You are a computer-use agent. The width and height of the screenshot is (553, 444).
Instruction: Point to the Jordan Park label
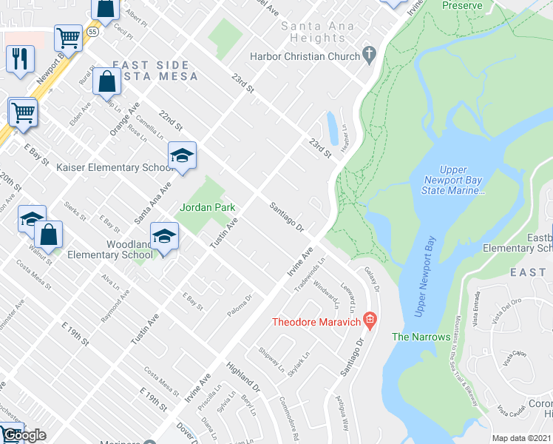208,208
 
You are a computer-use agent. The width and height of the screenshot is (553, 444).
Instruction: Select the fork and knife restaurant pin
20,58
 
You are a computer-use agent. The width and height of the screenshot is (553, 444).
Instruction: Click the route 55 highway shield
92,33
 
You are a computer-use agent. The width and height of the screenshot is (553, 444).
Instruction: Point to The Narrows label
421,337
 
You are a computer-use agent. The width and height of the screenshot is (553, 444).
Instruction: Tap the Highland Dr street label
244,377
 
